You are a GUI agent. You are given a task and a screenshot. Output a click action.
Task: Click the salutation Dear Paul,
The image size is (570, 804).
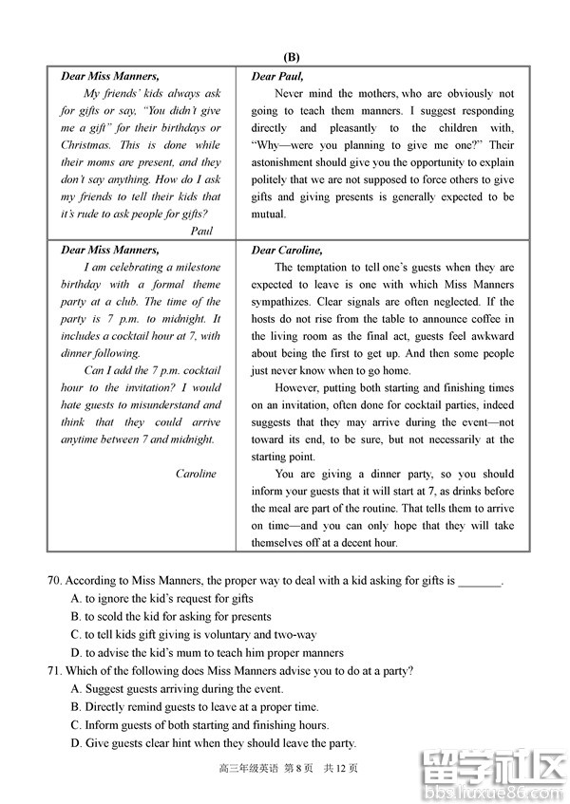click(277, 76)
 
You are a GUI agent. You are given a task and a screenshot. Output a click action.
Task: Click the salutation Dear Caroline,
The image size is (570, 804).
click(287, 251)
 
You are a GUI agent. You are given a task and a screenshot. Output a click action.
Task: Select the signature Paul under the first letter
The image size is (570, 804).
click(201, 231)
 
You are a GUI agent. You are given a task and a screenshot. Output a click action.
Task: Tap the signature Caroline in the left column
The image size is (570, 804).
click(196, 474)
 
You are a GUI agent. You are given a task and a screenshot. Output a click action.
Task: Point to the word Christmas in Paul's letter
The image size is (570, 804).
click(85, 145)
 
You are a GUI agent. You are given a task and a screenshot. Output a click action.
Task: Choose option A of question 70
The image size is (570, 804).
click(77, 599)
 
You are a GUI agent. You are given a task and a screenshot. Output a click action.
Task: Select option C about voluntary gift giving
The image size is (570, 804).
click(77, 635)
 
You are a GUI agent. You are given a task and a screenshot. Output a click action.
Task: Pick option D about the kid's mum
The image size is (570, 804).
click(77, 653)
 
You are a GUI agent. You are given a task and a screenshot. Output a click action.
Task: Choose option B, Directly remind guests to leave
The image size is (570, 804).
click(77, 707)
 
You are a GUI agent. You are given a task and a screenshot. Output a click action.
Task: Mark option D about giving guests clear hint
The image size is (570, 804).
click(77, 743)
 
